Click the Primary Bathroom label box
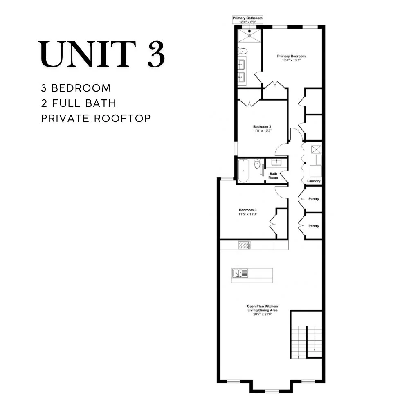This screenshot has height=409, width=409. pyautogui.click(x=247, y=20)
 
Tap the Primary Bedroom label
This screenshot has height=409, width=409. pyautogui.click(x=291, y=56)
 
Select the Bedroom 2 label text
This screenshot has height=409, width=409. pyautogui.click(x=262, y=127)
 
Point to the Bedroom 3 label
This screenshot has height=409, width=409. pyautogui.click(x=248, y=210)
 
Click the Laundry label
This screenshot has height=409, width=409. pyautogui.click(x=314, y=181)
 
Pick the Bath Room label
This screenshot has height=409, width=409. pyautogui.click(x=273, y=175)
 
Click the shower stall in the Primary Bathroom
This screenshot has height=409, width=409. pyautogui.click(x=249, y=36)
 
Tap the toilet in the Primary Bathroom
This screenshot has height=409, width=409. pyautogui.click(x=243, y=51)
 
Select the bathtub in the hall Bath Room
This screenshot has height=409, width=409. pyautogui.click(x=244, y=171)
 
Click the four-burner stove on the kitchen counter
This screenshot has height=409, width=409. pyautogui.click(x=244, y=245)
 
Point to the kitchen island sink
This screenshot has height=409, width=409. pyautogui.click(x=240, y=273)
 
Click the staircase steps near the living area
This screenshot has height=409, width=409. pyautogui.click(x=306, y=342)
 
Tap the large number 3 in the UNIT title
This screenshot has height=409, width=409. pyautogui.click(x=156, y=54)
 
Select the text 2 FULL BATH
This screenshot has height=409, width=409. pyautogui.click(x=79, y=103)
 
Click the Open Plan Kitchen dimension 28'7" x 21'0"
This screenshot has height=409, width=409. pyautogui.click(x=263, y=314)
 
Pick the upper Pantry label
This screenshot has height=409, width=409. pyautogui.click(x=314, y=199)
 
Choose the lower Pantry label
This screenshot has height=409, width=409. pyautogui.click(x=314, y=226)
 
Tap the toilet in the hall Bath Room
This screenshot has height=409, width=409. pyautogui.click(x=257, y=164)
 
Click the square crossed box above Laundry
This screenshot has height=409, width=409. pyautogui.click(x=316, y=150)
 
